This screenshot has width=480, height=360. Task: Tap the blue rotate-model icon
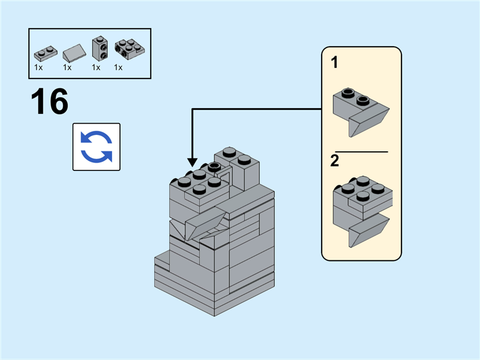click(x=97, y=147)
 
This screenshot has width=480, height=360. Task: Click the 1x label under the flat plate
click(x=38, y=68)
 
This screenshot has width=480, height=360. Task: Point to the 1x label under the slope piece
click(x=67, y=68)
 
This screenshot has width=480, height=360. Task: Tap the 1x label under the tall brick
click(x=96, y=68)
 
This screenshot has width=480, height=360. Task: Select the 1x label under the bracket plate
click(x=118, y=68)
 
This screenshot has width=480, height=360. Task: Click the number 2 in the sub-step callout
click(x=334, y=161)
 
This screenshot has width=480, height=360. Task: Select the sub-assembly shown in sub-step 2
click(x=362, y=210)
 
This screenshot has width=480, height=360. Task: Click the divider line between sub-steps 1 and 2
click(x=361, y=152)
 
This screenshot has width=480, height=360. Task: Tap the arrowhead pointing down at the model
click(x=192, y=162)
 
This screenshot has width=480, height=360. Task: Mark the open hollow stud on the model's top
click(x=215, y=166)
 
